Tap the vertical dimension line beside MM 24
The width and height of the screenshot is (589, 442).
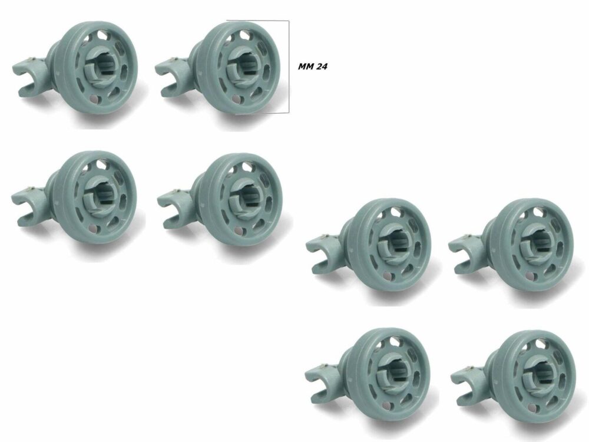tap(289, 67)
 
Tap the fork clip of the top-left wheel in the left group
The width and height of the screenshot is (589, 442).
tap(29, 75)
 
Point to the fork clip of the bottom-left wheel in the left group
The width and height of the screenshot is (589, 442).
tap(28, 206)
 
